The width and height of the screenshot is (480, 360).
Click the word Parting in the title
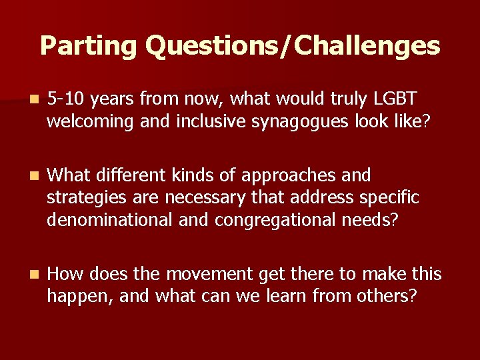point(88,46)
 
